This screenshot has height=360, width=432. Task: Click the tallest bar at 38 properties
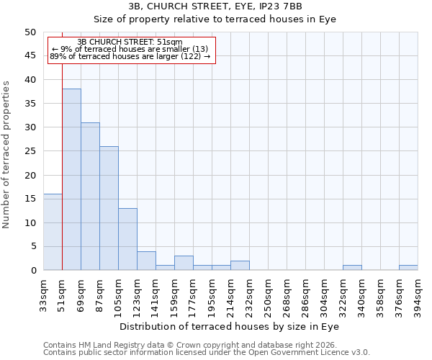(x=71, y=179)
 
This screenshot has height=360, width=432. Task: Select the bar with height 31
(x=90, y=196)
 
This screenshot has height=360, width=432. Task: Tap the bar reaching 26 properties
(x=109, y=208)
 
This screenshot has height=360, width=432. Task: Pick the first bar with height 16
(x=53, y=232)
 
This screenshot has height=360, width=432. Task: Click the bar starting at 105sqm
(x=127, y=239)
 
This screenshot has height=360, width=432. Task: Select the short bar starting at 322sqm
(x=352, y=268)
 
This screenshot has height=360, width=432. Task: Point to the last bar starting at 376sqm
(x=408, y=268)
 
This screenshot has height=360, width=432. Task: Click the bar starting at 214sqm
(x=240, y=266)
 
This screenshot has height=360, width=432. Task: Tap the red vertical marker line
(x=63, y=166)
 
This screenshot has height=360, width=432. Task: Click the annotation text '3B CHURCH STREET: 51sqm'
(x=130, y=42)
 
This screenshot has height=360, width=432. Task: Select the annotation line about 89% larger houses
(x=130, y=56)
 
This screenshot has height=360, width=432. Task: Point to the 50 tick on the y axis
(x=30, y=32)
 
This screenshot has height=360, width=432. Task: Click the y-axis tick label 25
(x=30, y=151)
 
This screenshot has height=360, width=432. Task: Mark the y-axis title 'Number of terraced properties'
(x=7, y=155)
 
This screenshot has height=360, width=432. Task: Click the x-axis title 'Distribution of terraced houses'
(x=230, y=326)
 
